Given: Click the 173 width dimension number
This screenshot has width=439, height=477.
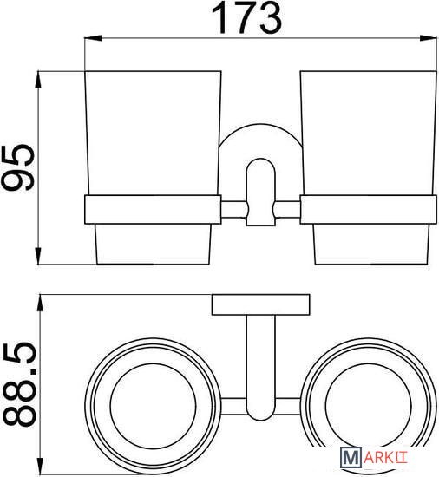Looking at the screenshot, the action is tap(246, 18).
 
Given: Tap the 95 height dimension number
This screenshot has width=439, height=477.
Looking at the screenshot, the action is tap(18, 168).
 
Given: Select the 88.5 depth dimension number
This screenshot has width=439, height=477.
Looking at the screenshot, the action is tap(19, 384).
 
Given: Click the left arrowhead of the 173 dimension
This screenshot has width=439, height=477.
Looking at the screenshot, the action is tap(93, 39).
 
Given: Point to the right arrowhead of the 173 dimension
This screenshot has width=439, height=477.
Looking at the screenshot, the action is tap(429, 39).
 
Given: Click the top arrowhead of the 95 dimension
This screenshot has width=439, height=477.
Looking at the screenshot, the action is tap(38, 80).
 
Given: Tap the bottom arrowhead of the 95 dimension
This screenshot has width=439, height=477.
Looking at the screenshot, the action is tap(38, 256).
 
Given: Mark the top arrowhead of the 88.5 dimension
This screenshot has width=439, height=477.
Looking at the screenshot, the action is tap(40, 303).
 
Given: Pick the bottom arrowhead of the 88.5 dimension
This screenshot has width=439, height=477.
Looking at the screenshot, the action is tap(40, 466).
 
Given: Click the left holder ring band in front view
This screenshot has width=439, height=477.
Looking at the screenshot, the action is tap(153, 210).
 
